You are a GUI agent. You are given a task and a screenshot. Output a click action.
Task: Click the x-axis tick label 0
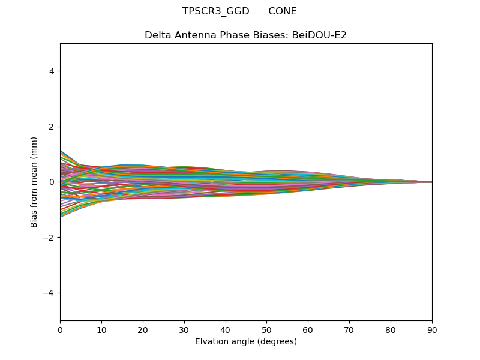click(x=60, y=329)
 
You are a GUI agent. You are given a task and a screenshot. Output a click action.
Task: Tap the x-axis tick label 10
click(x=101, y=329)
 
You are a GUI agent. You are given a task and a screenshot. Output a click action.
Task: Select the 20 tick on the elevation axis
click(x=143, y=329)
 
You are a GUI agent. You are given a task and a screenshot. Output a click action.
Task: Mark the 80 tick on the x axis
click(x=391, y=329)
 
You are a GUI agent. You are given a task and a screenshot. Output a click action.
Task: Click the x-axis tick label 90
click(x=432, y=329)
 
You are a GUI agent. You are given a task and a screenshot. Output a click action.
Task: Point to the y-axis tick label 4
click(x=52, y=71)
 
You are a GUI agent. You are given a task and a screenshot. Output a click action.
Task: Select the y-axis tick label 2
click(x=52, y=127)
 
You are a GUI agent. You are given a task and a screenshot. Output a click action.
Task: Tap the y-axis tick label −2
click(x=49, y=238)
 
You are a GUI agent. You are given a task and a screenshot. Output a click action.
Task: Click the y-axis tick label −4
click(x=49, y=293)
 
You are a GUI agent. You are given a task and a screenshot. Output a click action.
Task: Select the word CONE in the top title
click(x=282, y=11)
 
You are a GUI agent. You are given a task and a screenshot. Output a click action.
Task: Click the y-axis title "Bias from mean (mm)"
click(x=34, y=182)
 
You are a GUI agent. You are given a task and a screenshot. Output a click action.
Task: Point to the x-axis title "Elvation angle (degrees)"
click(x=246, y=342)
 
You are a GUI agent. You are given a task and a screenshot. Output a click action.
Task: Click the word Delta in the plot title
click(x=157, y=35)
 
